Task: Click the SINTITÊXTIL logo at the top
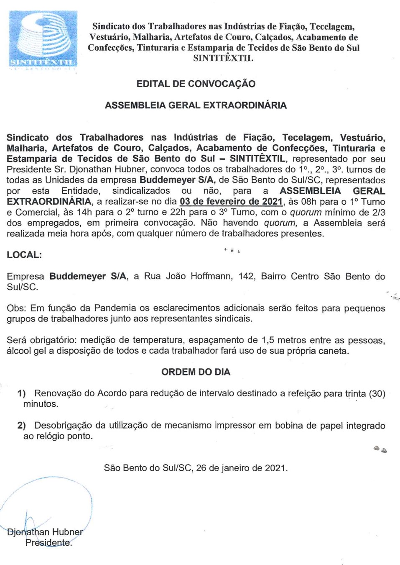(x=43, y=39)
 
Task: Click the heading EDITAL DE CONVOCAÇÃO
(x=196, y=84)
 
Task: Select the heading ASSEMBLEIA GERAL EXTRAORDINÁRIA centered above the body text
(x=196, y=105)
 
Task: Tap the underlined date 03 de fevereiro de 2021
(x=231, y=202)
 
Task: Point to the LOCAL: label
(x=24, y=255)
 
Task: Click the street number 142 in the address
(x=246, y=276)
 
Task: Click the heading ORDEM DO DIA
(x=196, y=372)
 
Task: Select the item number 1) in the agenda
(x=21, y=393)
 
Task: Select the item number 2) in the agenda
(x=21, y=426)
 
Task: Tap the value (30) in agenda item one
(x=377, y=393)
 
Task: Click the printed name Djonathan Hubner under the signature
(x=45, y=532)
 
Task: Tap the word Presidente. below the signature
(x=48, y=543)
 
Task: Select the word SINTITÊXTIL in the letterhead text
(x=223, y=58)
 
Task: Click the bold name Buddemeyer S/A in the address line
(x=88, y=276)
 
